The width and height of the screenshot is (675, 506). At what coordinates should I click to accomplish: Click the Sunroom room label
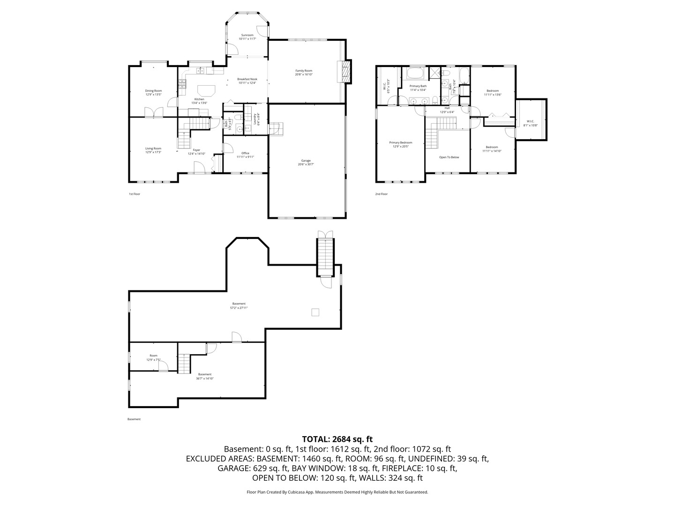[x=247, y=35]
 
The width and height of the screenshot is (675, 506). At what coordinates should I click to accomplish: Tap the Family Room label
[x=303, y=70]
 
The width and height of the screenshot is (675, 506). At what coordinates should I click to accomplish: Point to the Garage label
[x=306, y=160]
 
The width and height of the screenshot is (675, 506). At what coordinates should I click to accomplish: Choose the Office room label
[x=245, y=153]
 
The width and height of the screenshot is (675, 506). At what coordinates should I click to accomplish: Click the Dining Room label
[x=153, y=91]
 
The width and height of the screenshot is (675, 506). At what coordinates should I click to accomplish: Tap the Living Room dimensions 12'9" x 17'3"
[x=153, y=152]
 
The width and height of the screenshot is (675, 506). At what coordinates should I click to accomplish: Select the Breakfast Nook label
[x=247, y=79]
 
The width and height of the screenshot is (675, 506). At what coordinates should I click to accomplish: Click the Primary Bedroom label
[x=400, y=142]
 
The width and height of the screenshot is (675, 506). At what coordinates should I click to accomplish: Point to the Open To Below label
[x=449, y=157]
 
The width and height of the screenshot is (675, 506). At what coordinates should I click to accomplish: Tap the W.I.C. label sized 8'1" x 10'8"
[x=530, y=121]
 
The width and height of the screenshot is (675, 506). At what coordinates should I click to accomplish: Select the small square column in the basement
[x=315, y=312]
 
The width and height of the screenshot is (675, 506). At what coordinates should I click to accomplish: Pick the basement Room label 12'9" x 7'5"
[x=153, y=356]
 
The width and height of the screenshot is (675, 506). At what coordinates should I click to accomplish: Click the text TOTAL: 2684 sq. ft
[x=337, y=439]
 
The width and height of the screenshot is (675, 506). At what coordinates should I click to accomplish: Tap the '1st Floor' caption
[x=135, y=194]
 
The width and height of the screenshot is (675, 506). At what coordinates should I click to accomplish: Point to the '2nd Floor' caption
[x=381, y=194]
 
